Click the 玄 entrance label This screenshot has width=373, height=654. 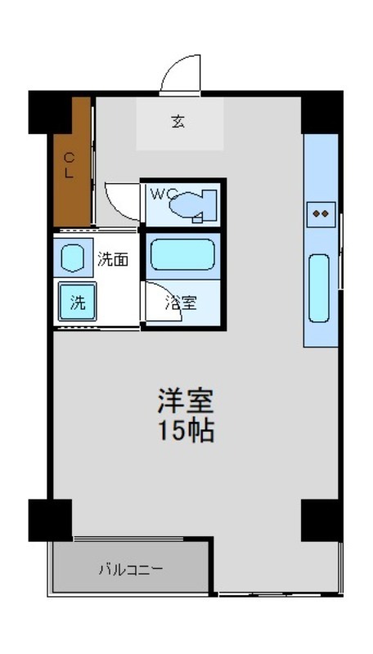pyautogui.click(x=178, y=123)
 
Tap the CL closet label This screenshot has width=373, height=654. pyautogui.click(x=70, y=165)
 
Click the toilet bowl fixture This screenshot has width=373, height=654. pyautogui.click(x=192, y=205)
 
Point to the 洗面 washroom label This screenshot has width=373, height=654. pyautogui.click(x=113, y=260)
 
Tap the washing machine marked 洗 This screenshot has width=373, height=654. pyautogui.click(x=77, y=302)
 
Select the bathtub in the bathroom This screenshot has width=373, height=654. pyautogui.click(x=183, y=254)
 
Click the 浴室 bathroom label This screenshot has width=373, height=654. pyautogui.click(x=181, y=302)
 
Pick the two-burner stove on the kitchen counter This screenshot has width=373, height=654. pyautogui.click(x=321, y=214)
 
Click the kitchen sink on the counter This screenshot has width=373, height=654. pyautogui.click(x=319, y=288)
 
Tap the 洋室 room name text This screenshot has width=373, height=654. pyautogui.click(x=186, y=401)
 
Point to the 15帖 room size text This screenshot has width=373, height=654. pyautogui.click(x=186, y=431)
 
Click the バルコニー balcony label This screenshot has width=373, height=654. pyautogui.click(x=131, y=568)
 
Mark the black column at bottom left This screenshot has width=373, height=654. pyautogui.click(x=50, y=519)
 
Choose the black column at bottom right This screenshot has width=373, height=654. pyautogui.click(x=321, y=519)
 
